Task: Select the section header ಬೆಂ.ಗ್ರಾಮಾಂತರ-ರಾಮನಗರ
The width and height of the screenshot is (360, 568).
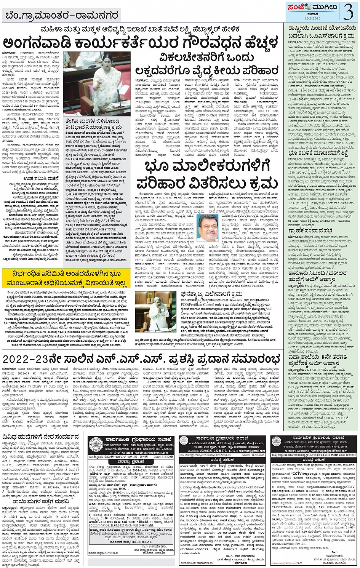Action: pos(62,15)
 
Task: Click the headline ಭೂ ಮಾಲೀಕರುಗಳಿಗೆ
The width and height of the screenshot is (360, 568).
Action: pos(208,166)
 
